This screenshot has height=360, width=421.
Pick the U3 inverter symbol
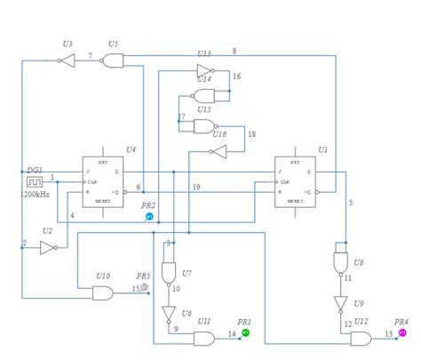coord(67,60)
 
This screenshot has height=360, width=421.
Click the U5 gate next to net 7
coord(113,60)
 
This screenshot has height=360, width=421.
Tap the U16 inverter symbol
coord(218,151)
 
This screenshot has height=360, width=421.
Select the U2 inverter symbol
coord(48,248)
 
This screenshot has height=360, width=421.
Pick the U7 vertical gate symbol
coord(167,272)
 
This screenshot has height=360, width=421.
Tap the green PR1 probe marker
coord(246,332)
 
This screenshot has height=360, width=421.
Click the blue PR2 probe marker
coord(149,217)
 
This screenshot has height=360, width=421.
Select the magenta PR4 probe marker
coord(402,333)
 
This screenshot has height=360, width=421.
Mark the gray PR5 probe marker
coord(145,287)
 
